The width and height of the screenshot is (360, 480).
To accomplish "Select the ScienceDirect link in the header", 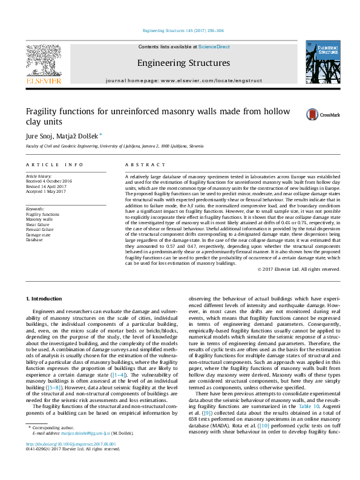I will click(214, 47).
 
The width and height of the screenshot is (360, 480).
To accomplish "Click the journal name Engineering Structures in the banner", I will click(183, 63).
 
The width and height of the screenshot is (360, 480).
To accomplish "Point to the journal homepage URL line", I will click(183, 80).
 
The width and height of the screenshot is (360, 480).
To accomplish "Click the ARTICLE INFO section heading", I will click(54, 164).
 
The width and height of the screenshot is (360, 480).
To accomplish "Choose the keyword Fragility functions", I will click(42, 214).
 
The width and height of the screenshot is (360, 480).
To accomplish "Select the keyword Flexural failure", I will click(40, 229).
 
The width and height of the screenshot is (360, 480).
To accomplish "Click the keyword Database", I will click(34, 239).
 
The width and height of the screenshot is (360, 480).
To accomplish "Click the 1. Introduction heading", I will click(45, 299).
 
